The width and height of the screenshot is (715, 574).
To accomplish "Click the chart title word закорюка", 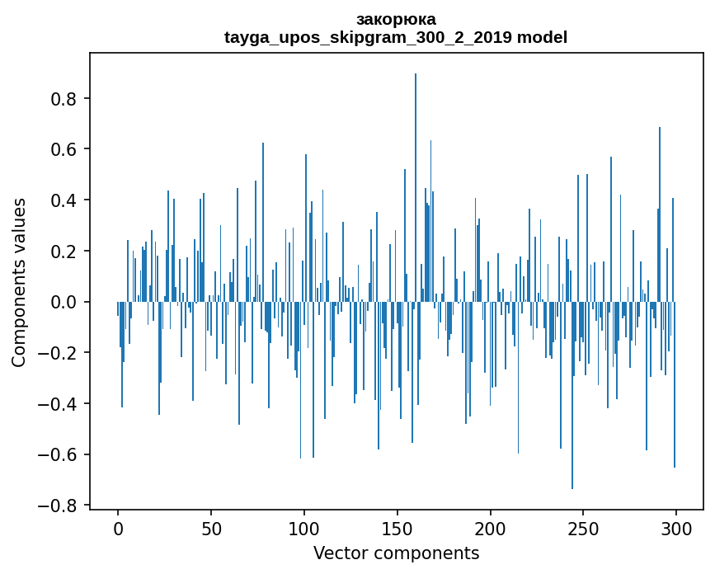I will [x=396, y=19].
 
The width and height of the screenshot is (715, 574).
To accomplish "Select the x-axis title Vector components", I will [x=396, y=553].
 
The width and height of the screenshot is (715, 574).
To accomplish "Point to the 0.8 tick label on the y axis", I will [x=64, y=99].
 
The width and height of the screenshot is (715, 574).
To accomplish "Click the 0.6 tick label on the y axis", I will [x=64, y=149].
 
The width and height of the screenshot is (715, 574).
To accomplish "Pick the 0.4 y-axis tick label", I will [x=64, y=200].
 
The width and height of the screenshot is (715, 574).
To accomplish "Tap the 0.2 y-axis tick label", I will [x=64, y=252].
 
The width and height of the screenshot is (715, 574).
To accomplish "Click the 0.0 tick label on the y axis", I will [x=64, y=302].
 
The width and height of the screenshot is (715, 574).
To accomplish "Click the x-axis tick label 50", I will [x=211, y=528].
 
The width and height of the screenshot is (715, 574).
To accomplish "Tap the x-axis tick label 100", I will [x=304, y=528].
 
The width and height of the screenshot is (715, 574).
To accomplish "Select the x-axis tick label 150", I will [x=397, y=528].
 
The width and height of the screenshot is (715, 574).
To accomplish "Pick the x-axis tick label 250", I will [x=584, y=528].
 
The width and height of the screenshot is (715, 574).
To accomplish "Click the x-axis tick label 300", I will [x=676, y=528].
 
